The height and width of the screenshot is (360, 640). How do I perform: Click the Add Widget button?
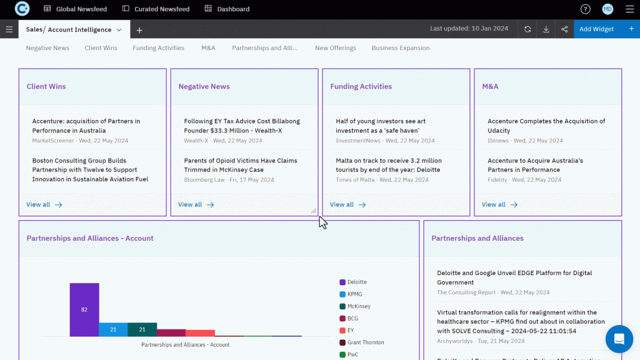click(596, 29)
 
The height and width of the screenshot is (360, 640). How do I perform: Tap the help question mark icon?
click(585, 9)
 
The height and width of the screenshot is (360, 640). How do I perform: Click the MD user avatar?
click(607, 9)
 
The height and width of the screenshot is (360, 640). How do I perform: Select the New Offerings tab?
click(336, 48)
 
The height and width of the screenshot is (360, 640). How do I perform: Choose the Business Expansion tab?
click(401, 48)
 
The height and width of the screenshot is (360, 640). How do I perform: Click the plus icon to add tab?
click(139, 30)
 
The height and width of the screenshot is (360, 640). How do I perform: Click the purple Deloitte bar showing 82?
click(84, 310)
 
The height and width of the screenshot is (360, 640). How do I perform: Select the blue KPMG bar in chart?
click(113, 329)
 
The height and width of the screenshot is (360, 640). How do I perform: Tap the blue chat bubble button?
click(619, 339)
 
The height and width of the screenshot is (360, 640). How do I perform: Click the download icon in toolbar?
click(546, 29)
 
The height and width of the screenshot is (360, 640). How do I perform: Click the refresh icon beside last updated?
click(528, 29)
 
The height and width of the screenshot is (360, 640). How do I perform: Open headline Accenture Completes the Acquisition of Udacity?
click(546, 126)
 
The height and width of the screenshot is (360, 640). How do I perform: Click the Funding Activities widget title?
click(361, 87)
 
